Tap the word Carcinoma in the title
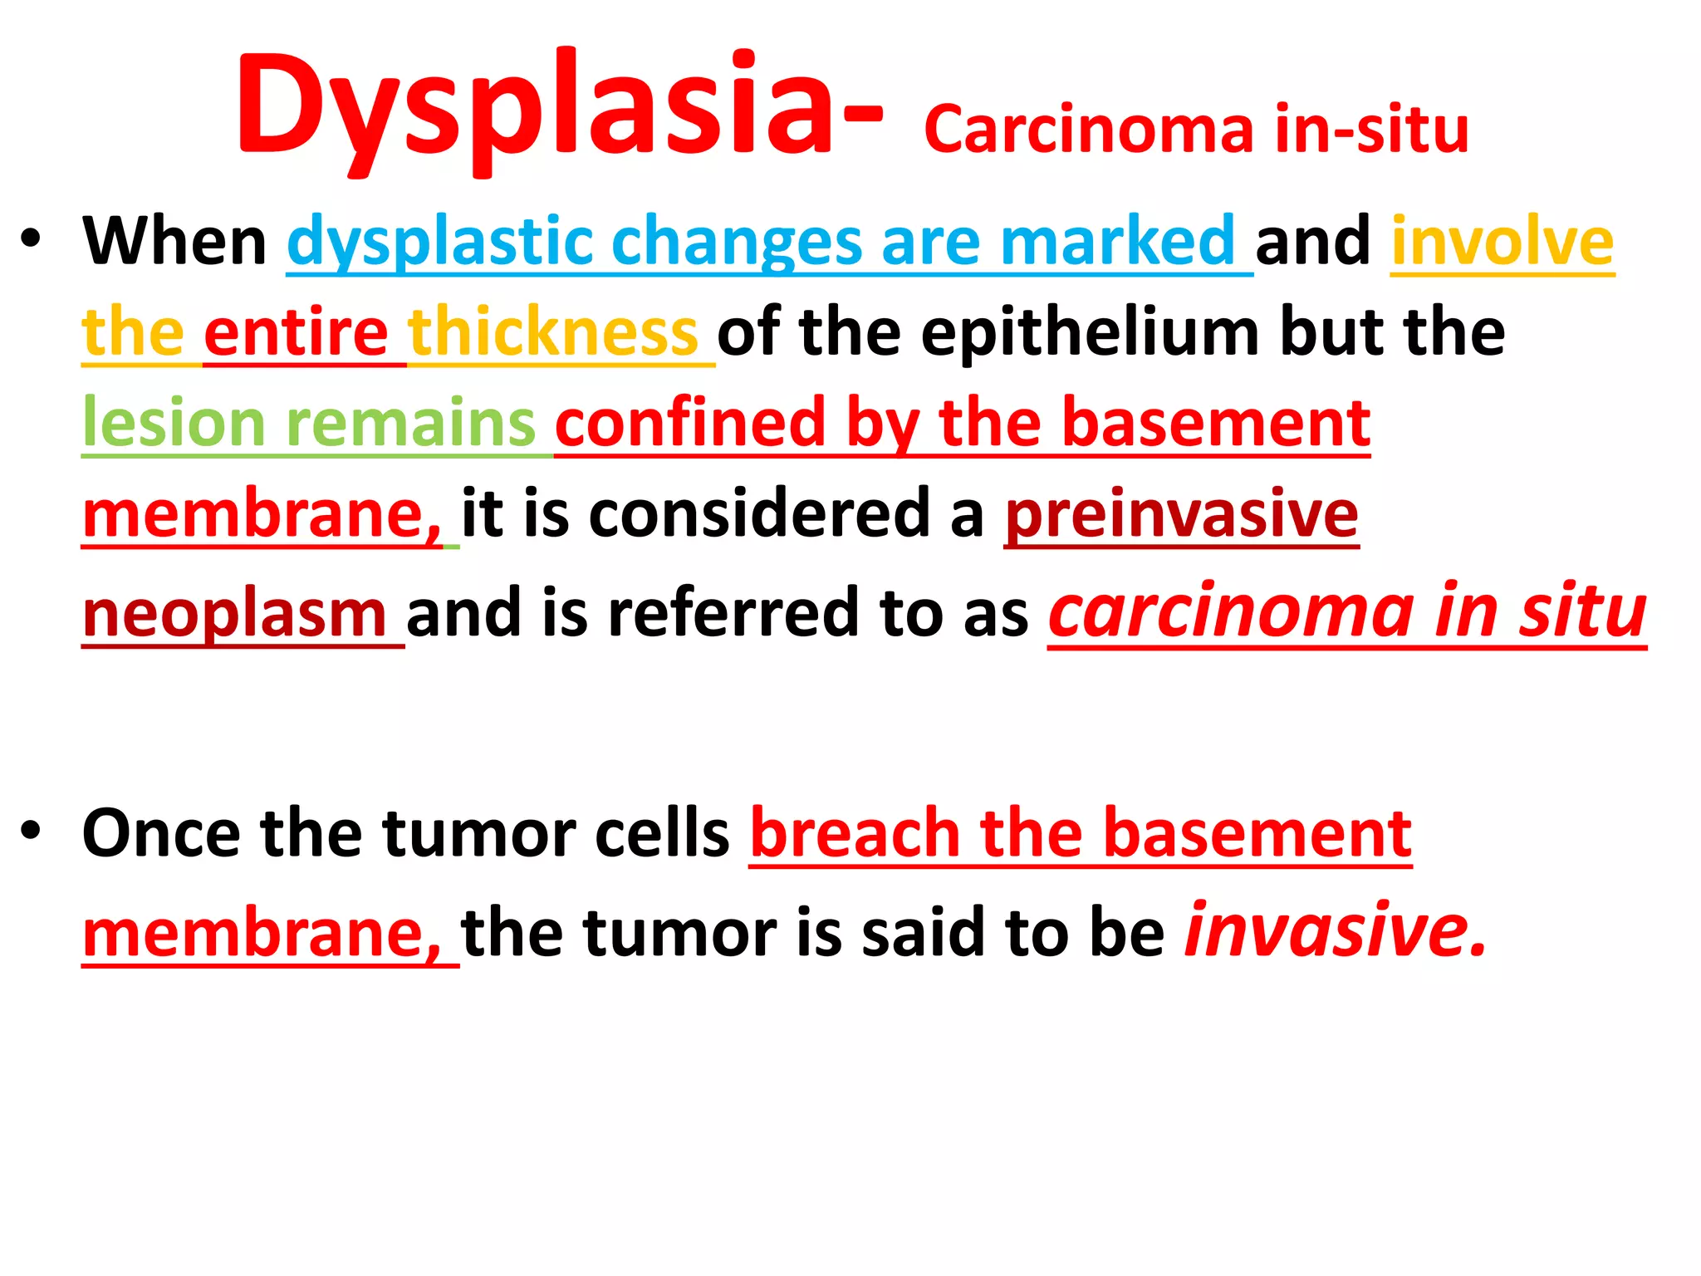[1088, 130]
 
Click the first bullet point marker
[31, 239]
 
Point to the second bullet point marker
[31, 831]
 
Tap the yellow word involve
[1502, 241]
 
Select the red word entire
[296, 332]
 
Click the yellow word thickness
[553, 332]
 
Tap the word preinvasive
[1181, 515]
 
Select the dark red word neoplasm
[234, 615]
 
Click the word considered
[759, 514]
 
